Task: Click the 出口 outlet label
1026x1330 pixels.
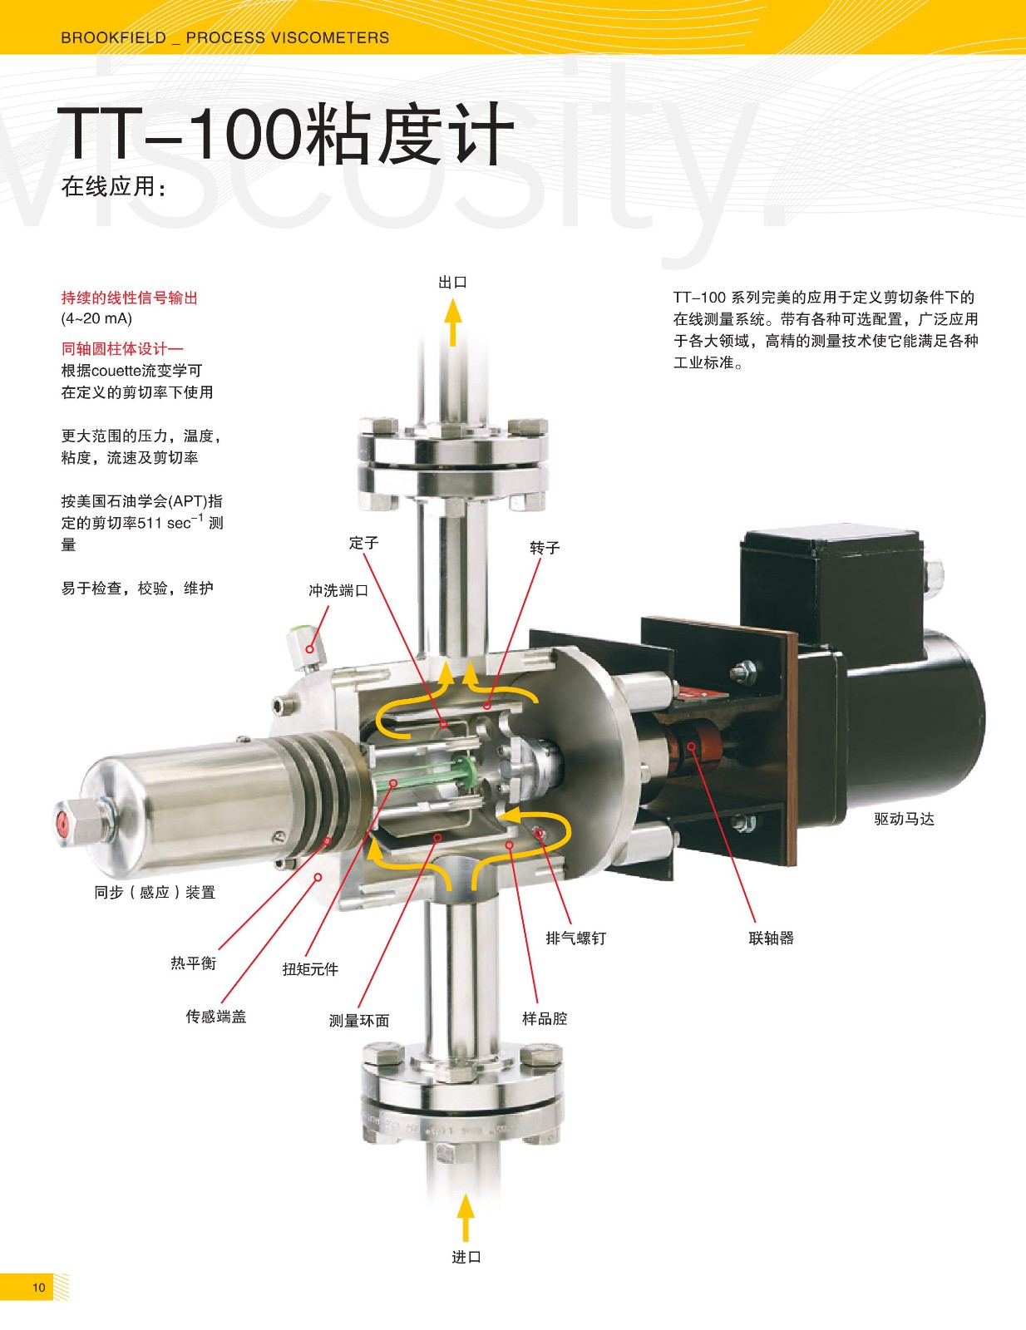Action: (452, 282)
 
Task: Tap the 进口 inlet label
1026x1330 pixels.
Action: (466, 1257)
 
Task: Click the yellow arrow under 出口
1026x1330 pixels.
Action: (453, 322)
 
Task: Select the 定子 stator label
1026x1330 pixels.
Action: (363, 543)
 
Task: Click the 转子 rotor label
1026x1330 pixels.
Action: (545, 548)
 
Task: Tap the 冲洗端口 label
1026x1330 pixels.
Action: (338, 591)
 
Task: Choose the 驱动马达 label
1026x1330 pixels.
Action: (904, 819)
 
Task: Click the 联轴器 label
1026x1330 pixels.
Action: (772, 938)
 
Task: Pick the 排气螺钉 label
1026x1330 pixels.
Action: (576, 938)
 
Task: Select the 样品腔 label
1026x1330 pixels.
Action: (545, 1018)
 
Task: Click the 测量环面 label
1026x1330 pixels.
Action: (359, 1020)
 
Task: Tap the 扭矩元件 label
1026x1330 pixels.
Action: (310, 969)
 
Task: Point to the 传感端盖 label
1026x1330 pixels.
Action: (216, 1017)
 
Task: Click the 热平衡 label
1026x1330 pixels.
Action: (194, 963)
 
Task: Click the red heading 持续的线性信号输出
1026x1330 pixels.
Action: (129, 298)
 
